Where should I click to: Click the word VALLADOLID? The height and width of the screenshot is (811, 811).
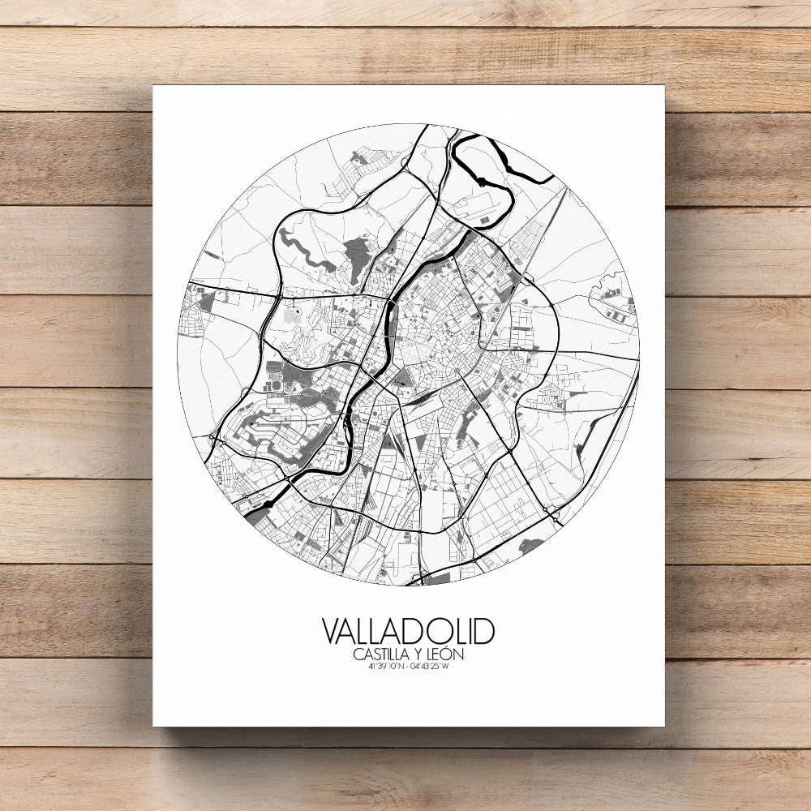tap(408, 632)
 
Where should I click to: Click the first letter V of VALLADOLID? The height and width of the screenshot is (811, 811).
tap(332, 632)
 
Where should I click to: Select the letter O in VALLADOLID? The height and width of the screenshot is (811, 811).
tap(448, 632)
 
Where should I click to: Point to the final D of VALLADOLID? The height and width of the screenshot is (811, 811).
tap(484, 632)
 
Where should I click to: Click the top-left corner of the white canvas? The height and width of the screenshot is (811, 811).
tap(153, 85)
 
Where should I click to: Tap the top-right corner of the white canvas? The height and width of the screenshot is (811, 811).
tap(663, 85)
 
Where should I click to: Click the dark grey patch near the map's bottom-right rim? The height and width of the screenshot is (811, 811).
tap(531, 545)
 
